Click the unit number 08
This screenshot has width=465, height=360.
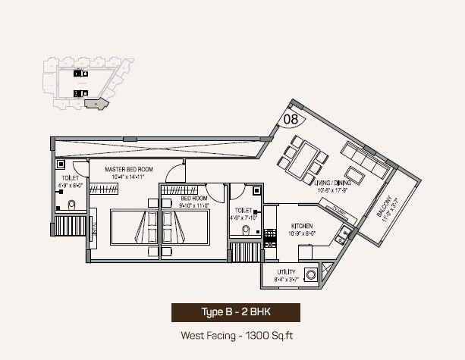[x=291, y=118]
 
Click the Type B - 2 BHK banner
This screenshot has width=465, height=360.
[x=235, y=311]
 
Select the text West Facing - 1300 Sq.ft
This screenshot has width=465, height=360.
[x=235, y=334]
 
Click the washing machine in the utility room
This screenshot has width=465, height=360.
[x=310, y=274]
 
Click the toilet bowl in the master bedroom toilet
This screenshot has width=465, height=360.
[x=71, y=203]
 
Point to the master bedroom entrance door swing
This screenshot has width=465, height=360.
[x=176, y=171]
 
